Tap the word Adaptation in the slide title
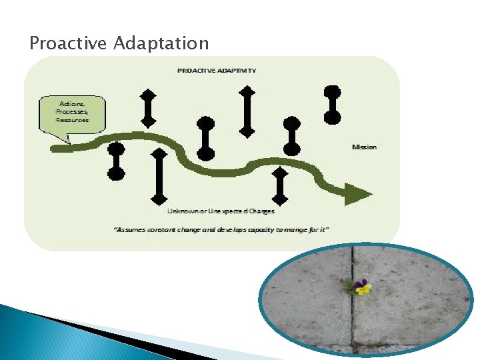click(x=161, y=44)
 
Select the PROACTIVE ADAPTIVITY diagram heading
click(x=217, y=70)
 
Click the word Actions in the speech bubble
click(x=73, y=105)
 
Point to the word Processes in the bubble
click(x=73, y=112)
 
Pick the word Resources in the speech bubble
click(x=73, y=120)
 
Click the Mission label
click(x=364, y=147)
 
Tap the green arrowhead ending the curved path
click(x=358, y=193)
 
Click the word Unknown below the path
click(x=181, y=211)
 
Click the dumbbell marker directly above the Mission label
click(x=332, y=105)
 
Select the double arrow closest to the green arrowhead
click(x=281, y=186)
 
